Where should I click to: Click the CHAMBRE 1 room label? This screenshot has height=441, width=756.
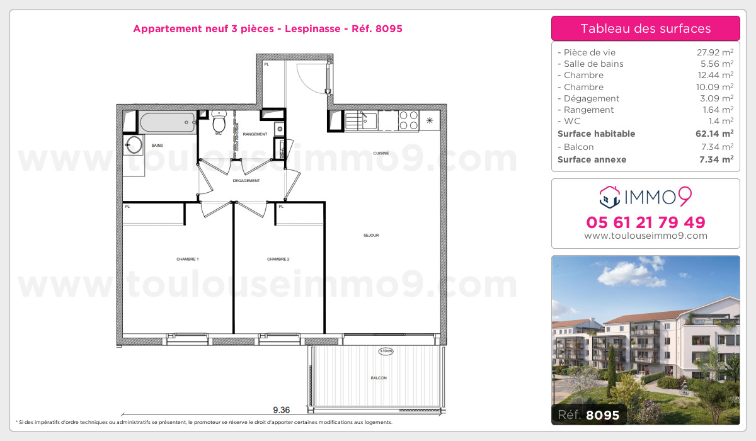[x=188, y=259]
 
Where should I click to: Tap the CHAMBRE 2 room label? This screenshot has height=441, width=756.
[x=278, y=259]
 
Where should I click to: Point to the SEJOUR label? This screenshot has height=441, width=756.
[x=371, y=236]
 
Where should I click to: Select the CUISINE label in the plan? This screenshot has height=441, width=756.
[x=381, y=153]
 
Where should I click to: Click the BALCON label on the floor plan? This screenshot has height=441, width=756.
[x=379, y=378]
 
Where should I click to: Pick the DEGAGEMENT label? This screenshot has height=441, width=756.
[x=246, y=181]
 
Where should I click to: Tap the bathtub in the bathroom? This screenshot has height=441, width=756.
[x=167, y=122]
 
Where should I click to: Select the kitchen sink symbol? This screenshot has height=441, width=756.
[x=360, y=119]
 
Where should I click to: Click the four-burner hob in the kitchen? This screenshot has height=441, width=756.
[x=408, y=120]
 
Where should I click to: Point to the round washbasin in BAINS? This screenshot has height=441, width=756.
[x=134, y=144]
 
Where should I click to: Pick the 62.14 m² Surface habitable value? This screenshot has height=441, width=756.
[x=714, y=134]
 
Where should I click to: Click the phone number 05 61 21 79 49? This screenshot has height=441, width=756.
[x=645, y=222]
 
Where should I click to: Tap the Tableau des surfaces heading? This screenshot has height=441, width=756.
[x=645, y=28]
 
